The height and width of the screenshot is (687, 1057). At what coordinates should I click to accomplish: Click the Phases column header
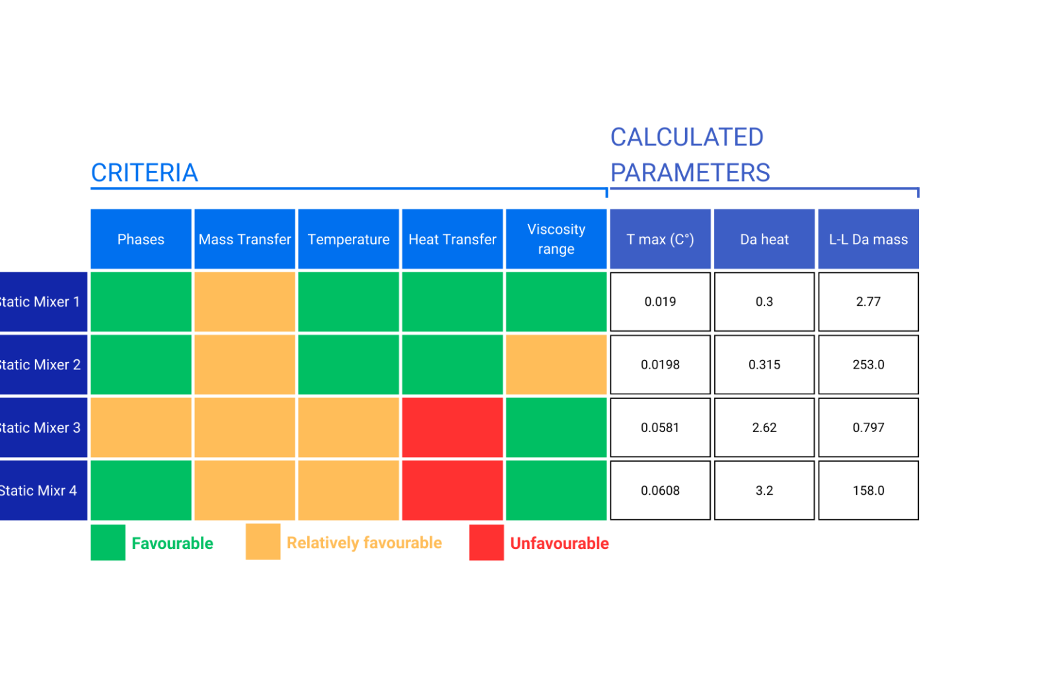tap(141, 239)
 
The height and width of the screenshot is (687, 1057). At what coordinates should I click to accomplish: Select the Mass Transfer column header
tap(244, 239)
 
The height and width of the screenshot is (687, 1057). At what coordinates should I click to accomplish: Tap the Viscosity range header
tap(556, 239)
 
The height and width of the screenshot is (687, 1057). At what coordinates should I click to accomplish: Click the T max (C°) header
tap(660, 239)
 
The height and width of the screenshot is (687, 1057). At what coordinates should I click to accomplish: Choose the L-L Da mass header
tap(868, 239)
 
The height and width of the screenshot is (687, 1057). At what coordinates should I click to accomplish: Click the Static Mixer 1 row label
tap(41, 302)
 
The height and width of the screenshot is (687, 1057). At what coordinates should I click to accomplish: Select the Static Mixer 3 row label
tap(41, 427)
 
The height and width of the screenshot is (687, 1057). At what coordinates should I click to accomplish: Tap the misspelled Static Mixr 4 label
tap(40, 491)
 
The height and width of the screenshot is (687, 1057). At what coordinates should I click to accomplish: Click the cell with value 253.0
tap(868, 365)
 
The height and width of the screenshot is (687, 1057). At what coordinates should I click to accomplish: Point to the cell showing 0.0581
tap(660, 427)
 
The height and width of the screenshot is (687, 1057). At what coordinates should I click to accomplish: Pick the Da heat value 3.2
tap(764, 491)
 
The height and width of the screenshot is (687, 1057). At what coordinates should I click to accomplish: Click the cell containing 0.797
tap(868, 427)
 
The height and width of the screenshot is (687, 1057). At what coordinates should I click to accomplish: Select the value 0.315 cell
tap(764, 365)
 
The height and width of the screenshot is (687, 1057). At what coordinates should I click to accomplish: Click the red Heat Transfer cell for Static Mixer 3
tap(453, 427)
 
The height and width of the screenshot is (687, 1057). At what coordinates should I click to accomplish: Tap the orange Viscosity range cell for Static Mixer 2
tap(556, 365)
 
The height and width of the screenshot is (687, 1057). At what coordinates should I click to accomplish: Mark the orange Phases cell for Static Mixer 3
tap(141, 427)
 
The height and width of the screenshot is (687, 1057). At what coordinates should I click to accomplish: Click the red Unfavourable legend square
tap(486, 542)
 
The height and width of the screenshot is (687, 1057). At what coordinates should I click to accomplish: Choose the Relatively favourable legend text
tap(364, 543)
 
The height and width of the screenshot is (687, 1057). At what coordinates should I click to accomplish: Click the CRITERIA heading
tap(144, 173)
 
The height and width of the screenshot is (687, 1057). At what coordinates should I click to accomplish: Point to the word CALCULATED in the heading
tap(686, 137)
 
